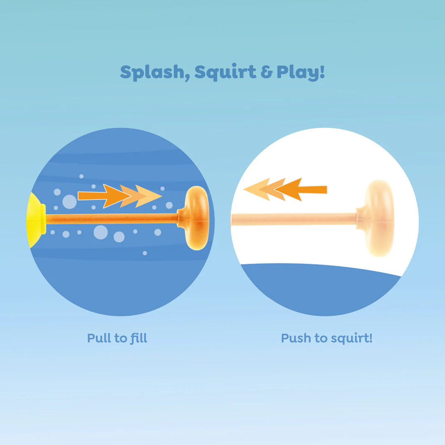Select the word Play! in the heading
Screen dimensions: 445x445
[x=300, y=73]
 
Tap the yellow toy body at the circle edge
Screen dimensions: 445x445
[x=36, y=220]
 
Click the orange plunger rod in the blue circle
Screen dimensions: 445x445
[x=111, y=218]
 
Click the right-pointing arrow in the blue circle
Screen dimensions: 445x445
[x=119, y=196]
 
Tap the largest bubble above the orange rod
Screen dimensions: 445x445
[x=69, y=201]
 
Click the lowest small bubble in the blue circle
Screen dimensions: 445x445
[x=145, y=253]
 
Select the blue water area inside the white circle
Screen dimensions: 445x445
[x=321, y=288]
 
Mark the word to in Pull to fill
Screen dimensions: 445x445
[x=121, y=338]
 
